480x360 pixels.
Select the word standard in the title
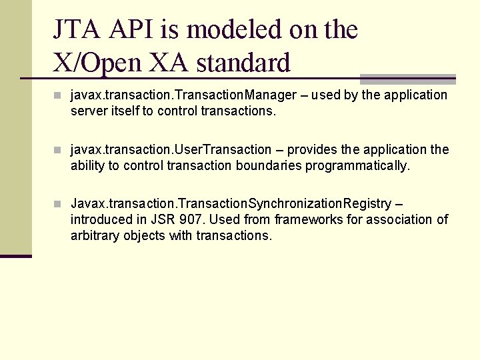click(x=244, y=63)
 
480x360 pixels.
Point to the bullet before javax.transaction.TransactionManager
click(x=59, y=95)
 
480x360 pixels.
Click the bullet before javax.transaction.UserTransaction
click(x=59, y=149)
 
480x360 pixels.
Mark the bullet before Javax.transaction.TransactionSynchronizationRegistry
click(x=59, y=203)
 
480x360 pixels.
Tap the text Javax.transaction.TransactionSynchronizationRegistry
click(x=231, y=203)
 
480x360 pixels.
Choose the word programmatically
click(x=357, y=166)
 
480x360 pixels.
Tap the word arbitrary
click(x=95, y=236)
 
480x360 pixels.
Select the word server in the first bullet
click(x=87, y=111)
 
